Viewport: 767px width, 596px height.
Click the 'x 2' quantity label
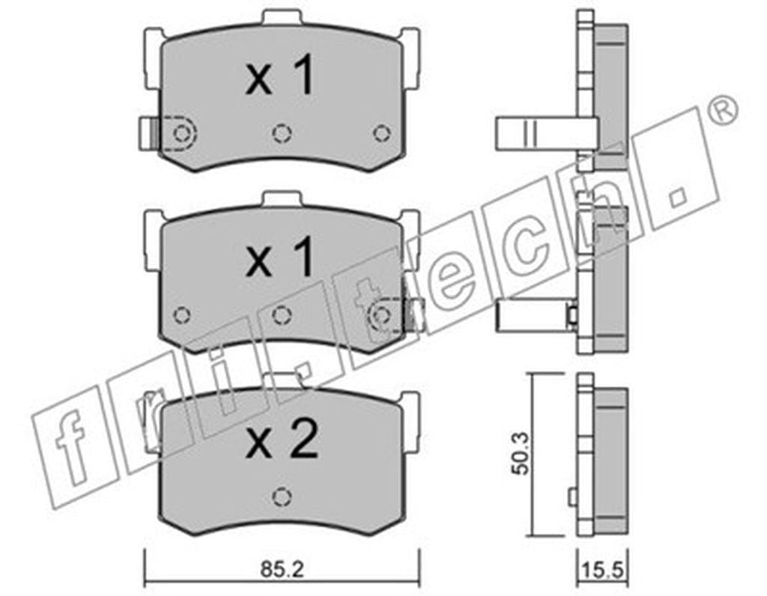point(282,439)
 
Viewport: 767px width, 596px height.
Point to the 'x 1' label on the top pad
point(279,75)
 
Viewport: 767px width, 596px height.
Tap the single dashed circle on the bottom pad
point(282,497)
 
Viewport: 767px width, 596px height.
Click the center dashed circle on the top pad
point(282,133)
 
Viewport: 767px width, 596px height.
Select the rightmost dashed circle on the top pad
point(381,133)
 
